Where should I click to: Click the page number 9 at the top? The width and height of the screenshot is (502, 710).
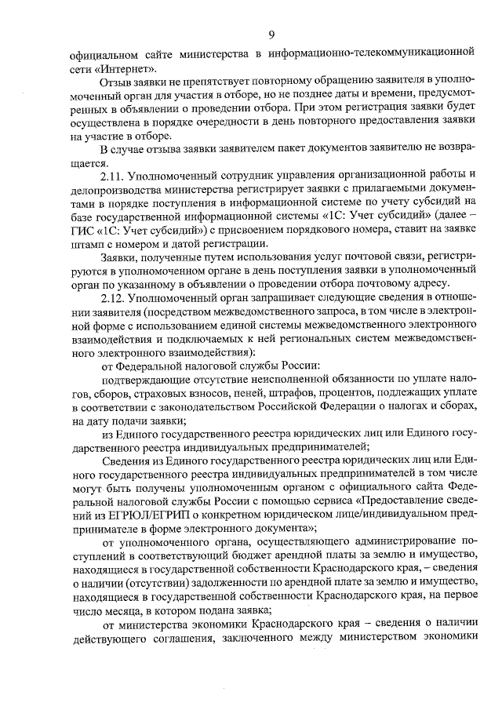(x=271, y=34)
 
